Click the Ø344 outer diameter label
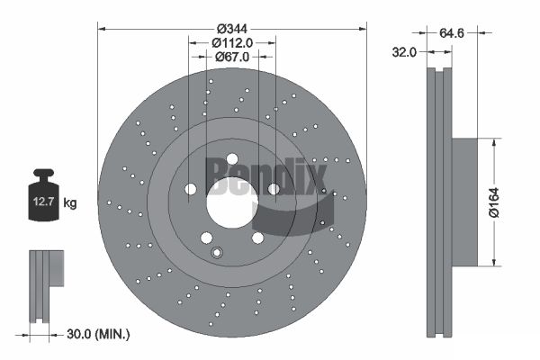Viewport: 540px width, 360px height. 232,29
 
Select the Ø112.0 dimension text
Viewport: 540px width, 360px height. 232,42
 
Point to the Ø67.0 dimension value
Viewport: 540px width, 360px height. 232,57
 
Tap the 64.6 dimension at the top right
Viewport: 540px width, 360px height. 452,33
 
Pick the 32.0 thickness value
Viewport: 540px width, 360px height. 404,52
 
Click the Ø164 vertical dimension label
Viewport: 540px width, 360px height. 494,202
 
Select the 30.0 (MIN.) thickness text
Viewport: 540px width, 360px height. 98,334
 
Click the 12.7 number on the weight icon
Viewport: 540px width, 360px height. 43,202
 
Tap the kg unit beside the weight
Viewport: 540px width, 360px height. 70,202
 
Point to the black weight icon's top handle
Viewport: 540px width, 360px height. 43,172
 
